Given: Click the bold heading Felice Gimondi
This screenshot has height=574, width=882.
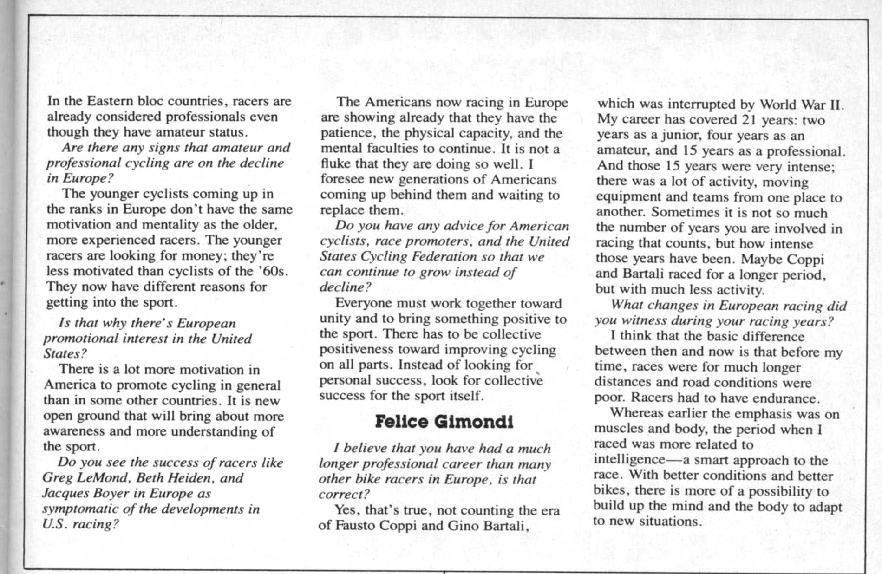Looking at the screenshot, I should pos(444,422).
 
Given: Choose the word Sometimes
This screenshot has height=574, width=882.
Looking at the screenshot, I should pos(680,212).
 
